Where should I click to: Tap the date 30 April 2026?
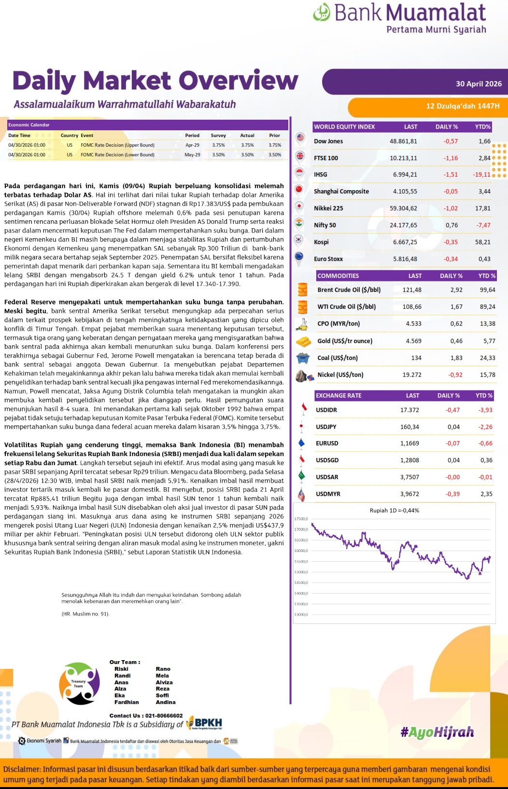pos(479,84)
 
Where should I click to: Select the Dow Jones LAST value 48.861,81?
pos(403,141)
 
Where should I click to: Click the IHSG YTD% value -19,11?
pos(481,175)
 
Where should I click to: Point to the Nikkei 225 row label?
pos(328,208)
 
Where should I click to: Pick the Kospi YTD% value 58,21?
pos(482,242)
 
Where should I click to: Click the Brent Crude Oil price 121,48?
pos(412,290)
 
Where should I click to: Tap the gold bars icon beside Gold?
pos(303,342)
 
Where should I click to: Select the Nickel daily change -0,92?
pos(455,375)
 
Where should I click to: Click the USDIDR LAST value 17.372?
pos(409,410)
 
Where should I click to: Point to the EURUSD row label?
pos(327,443)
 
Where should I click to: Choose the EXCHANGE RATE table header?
pos(339,396)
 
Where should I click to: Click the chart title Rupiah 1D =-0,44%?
pos(394,511)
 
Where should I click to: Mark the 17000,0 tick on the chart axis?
pos(301,530)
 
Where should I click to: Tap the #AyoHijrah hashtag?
pos(437,733)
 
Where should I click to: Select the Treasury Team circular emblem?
pos(79,684)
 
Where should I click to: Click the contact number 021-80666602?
pos(164,716)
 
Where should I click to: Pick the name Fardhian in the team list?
pos(127,703)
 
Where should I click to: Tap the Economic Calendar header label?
pos(29,125)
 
